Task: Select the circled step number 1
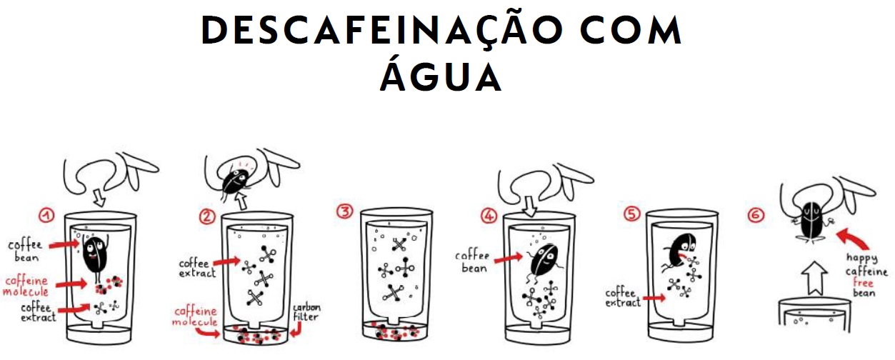46,216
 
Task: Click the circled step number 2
207,216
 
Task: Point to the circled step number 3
345,211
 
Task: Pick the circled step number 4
489,216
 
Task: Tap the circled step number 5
631,214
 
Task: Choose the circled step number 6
756,216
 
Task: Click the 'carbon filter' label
306,312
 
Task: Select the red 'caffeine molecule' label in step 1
26,286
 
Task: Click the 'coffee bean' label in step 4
473,261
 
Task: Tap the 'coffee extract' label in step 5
623,298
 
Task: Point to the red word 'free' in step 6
863,282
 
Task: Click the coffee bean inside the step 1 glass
95,256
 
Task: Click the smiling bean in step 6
812,221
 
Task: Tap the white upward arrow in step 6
814,278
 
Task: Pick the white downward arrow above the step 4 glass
530,206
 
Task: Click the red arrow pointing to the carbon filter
296,329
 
